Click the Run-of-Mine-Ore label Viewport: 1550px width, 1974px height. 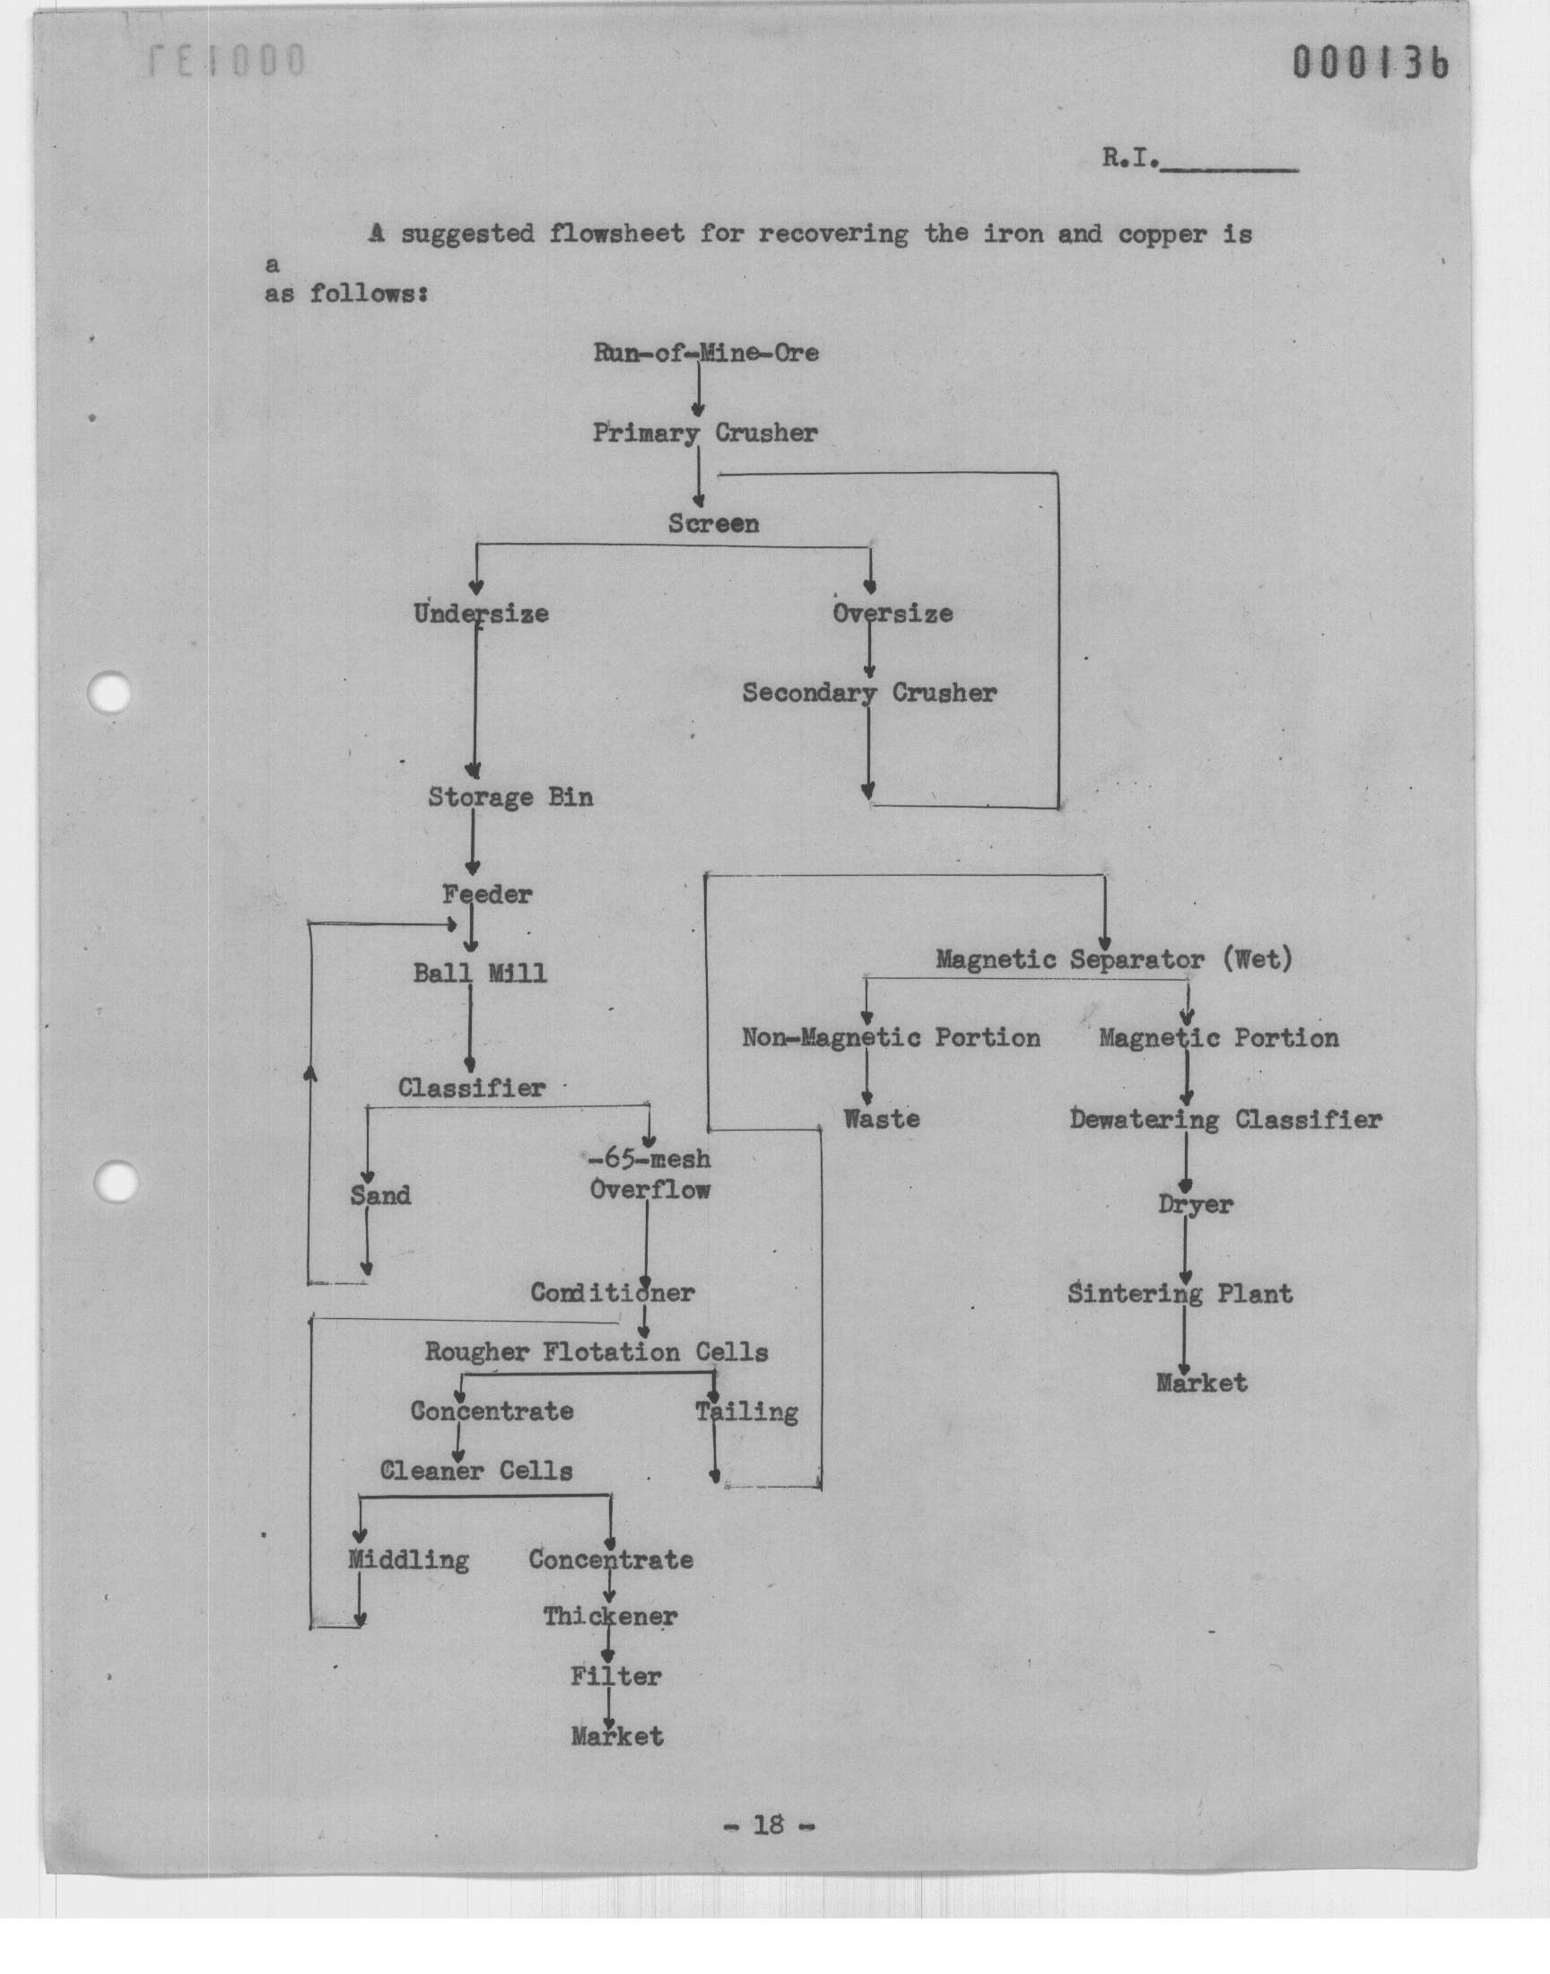point(706,352)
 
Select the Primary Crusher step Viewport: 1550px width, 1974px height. point(705,432)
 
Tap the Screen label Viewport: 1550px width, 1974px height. point(713,524)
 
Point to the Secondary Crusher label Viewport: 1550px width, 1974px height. point(869,694)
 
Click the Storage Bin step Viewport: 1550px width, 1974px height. point(510,798)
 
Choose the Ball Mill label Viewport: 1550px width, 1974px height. point(480,974)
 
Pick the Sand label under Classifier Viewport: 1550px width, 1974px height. point(380,1195)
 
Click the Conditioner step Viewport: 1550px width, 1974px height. point(613,1292)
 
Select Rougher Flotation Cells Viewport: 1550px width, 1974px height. point(596,1352)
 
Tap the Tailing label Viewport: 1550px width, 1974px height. point(747,1412)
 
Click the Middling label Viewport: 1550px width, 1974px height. point(408,1560)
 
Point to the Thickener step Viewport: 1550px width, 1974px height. point(610,1616)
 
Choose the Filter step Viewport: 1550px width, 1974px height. point(615,1676)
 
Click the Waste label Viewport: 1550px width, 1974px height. point(881,1119)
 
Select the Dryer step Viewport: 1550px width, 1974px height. point(1195,1205)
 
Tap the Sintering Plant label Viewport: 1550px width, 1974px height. point(1180,1293)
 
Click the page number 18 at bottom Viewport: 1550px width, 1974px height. point(768,1824)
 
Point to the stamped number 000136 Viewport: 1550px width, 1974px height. point(1371,63)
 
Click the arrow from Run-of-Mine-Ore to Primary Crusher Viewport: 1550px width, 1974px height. point(698,390)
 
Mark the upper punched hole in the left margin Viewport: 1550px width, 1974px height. point(109,694)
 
